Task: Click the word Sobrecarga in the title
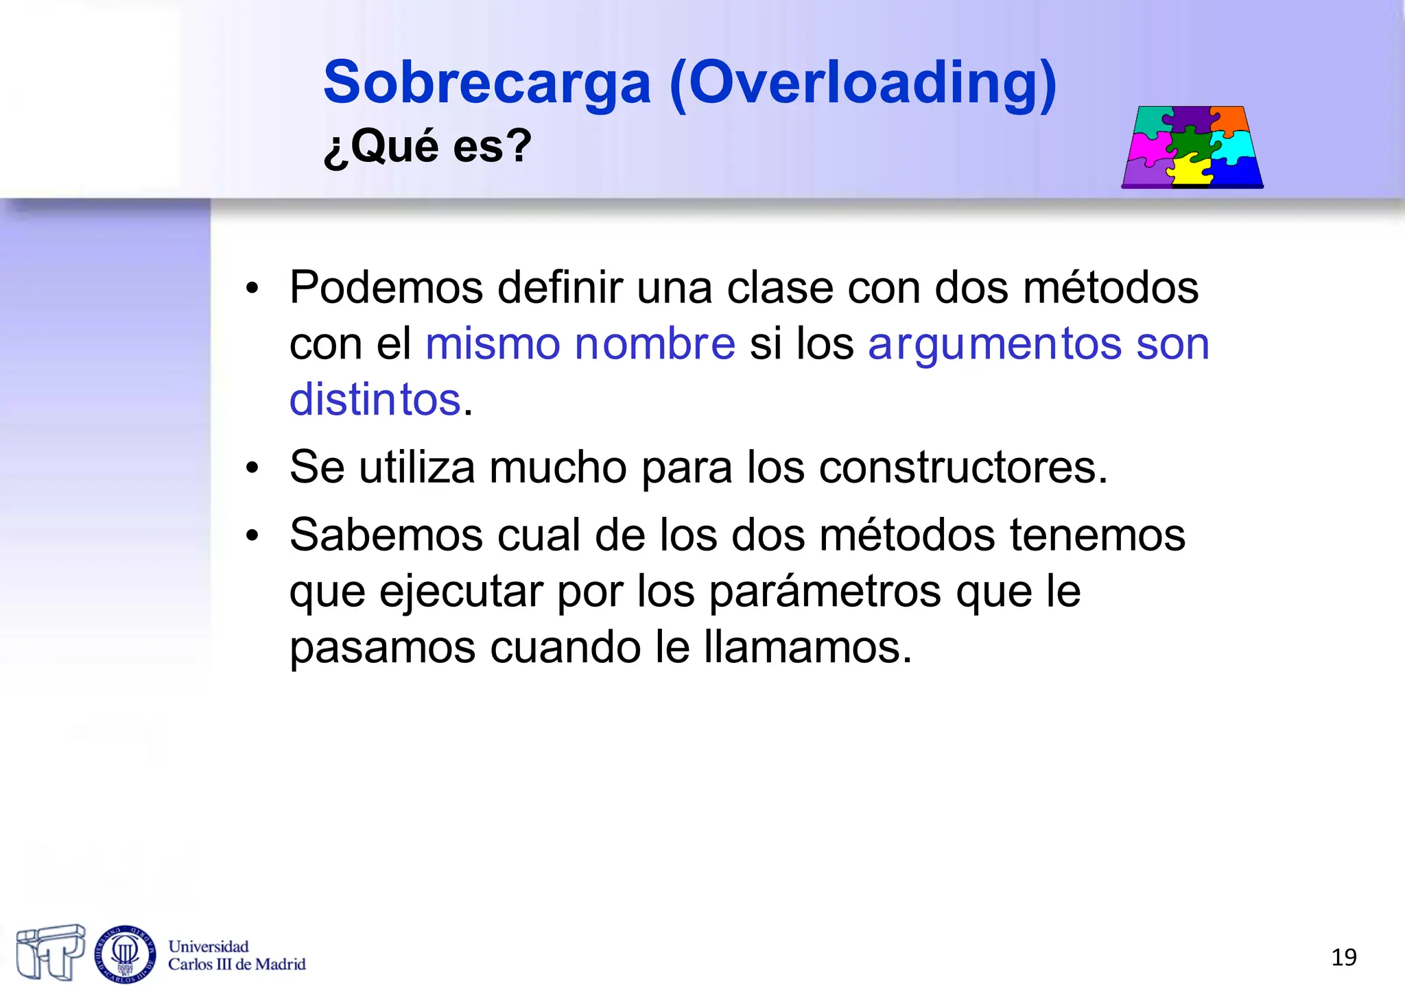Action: pos(486,83)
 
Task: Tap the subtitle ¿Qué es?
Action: pos(427,145)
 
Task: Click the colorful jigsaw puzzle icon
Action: pos(1192,147)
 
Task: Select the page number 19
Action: pos(1343,957)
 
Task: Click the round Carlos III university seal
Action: pos(125,954)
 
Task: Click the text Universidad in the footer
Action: pos(209,946)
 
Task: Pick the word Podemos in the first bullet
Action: pos(386,287)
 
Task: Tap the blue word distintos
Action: pos(375,400)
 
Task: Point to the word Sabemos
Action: pos(386,535)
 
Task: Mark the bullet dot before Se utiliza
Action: pos(252,469)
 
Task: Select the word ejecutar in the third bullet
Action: pos(460,592)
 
